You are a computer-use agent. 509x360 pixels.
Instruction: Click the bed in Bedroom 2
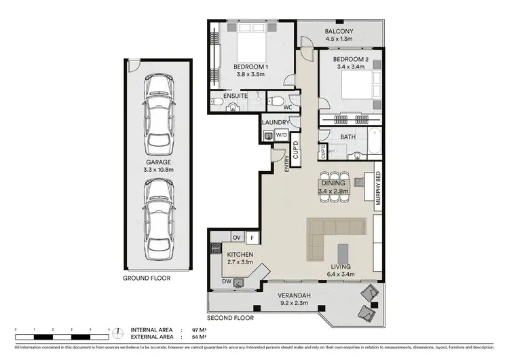pos(356,89)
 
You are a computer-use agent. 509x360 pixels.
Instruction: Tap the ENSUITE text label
pos(235,96)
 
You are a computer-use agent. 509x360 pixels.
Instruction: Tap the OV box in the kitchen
pos(237,238)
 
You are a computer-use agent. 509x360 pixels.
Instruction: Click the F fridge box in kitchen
pos(252,238)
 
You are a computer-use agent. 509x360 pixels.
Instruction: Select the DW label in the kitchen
pos(225,281)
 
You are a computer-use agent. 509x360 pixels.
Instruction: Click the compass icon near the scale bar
pos(120,333)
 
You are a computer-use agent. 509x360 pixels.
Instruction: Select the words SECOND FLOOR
pos(231,317)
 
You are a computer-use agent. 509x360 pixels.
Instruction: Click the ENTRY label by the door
pos(287,164)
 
